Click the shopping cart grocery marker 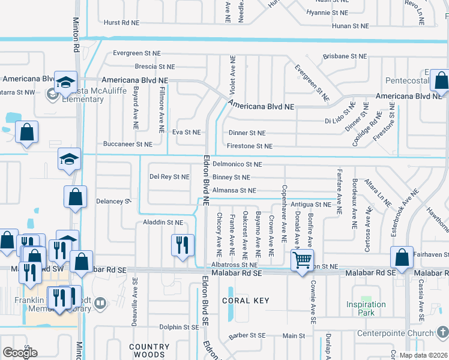pos(301,260)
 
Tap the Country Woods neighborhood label pos(149,351)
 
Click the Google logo pos(20,352)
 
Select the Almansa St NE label pos(234,191)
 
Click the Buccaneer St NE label pos(127,145)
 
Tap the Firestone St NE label pos(250,146)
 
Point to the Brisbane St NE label pos(345,56)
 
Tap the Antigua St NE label pos(311,205)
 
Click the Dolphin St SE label pos(179,327)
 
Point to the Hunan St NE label pos(345,26)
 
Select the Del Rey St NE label pos(169,177)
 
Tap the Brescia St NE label pos(154,67)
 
